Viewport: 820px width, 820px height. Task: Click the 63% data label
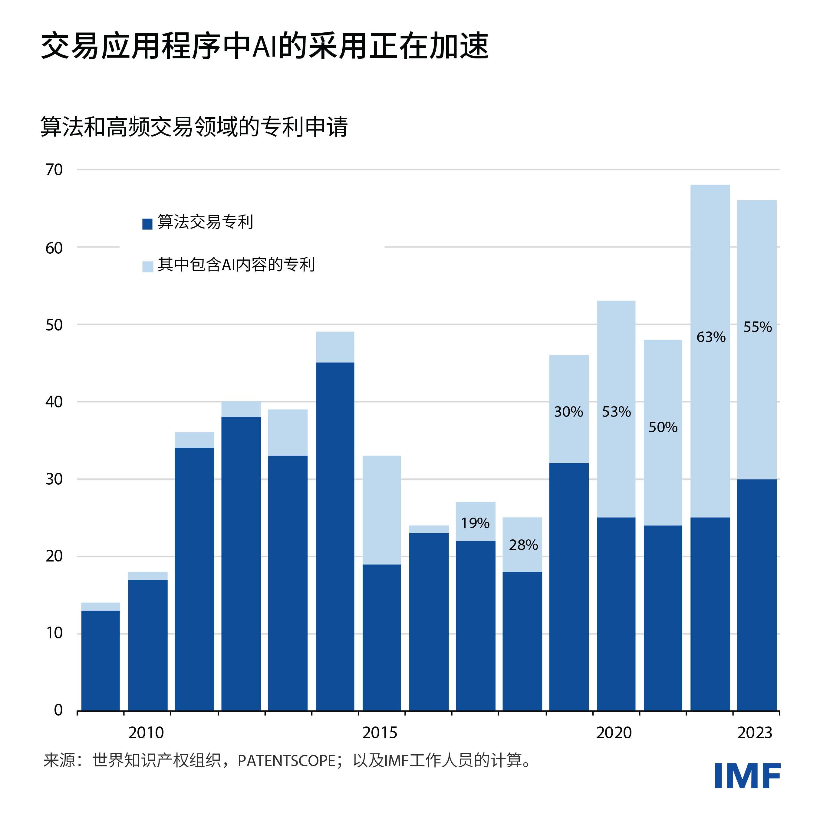710,337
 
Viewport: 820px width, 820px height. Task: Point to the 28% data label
523,545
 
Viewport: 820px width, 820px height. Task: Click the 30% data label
568,412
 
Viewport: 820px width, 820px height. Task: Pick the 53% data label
616,412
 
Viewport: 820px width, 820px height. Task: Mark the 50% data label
663,427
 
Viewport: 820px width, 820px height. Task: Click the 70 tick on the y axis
54,170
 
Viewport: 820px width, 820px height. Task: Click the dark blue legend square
147,224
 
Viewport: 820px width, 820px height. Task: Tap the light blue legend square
147,267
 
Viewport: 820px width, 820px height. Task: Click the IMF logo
747,776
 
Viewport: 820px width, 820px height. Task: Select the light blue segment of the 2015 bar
382,509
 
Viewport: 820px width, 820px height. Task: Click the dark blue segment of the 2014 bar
335,535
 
